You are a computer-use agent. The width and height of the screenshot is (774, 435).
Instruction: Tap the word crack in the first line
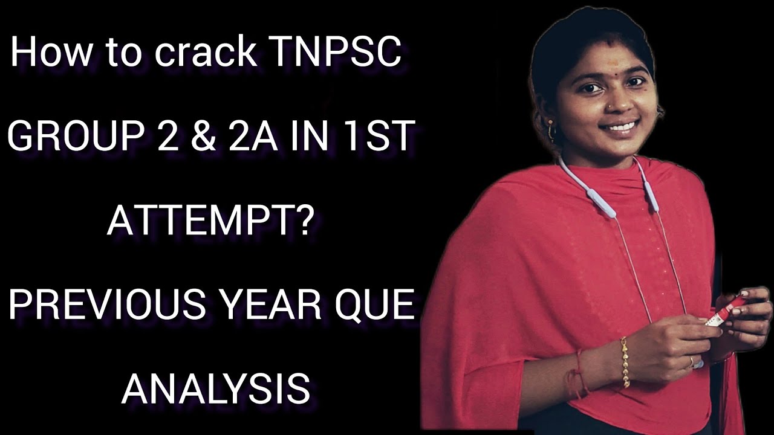coord(206,53)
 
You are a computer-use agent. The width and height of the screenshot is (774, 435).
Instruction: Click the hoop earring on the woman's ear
coord(552,130)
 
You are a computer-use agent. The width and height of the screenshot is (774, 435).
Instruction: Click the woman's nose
coord(608,109)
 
